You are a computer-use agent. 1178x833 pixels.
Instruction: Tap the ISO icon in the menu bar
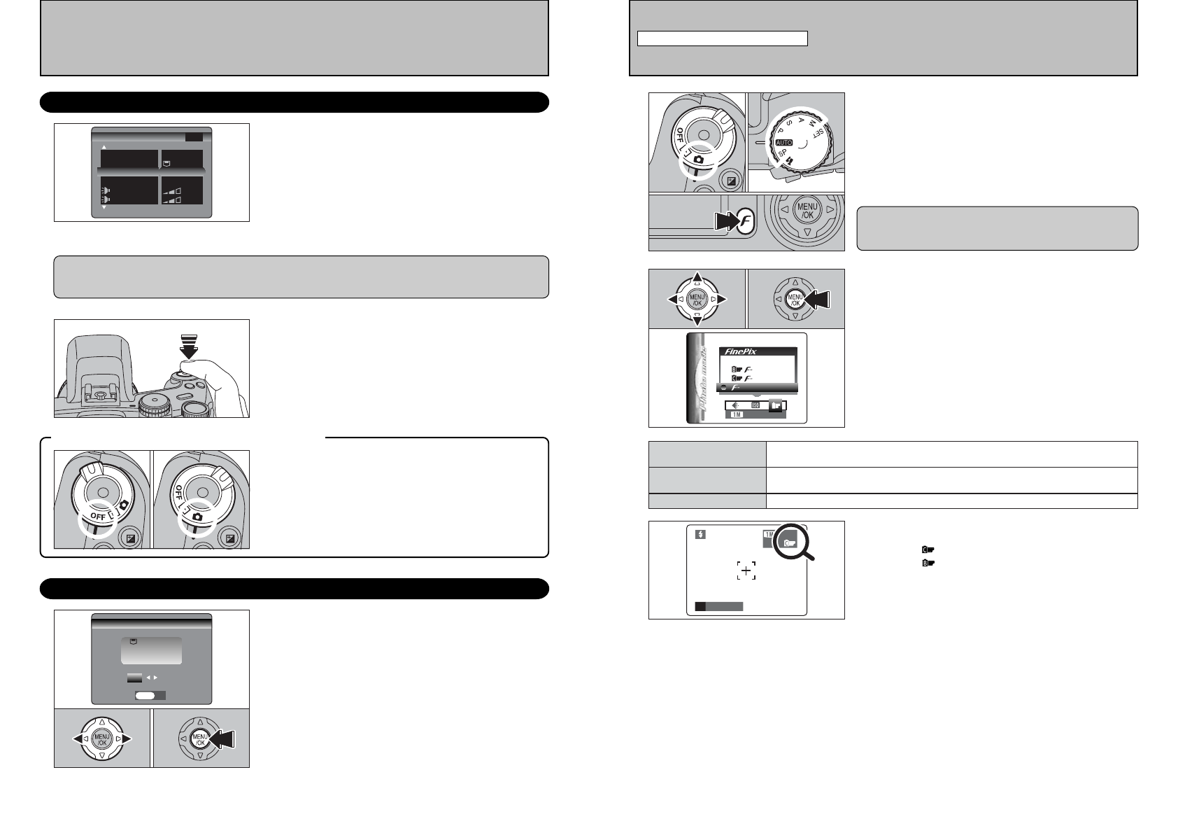point(755,405)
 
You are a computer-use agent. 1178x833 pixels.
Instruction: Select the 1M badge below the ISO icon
point(736,414)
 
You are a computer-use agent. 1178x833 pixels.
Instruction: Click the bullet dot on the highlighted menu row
point(722,388)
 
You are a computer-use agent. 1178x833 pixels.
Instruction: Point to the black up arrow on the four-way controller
point(697,276)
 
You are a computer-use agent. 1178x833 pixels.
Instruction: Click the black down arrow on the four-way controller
point(697,321)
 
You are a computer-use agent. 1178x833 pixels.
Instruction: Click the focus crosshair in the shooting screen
point(746,572)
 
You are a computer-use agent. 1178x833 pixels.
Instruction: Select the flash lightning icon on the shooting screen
point(701,534)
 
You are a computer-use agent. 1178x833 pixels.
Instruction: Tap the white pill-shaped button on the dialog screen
point(145,696)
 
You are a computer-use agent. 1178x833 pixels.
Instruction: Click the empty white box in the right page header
point(722,38)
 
